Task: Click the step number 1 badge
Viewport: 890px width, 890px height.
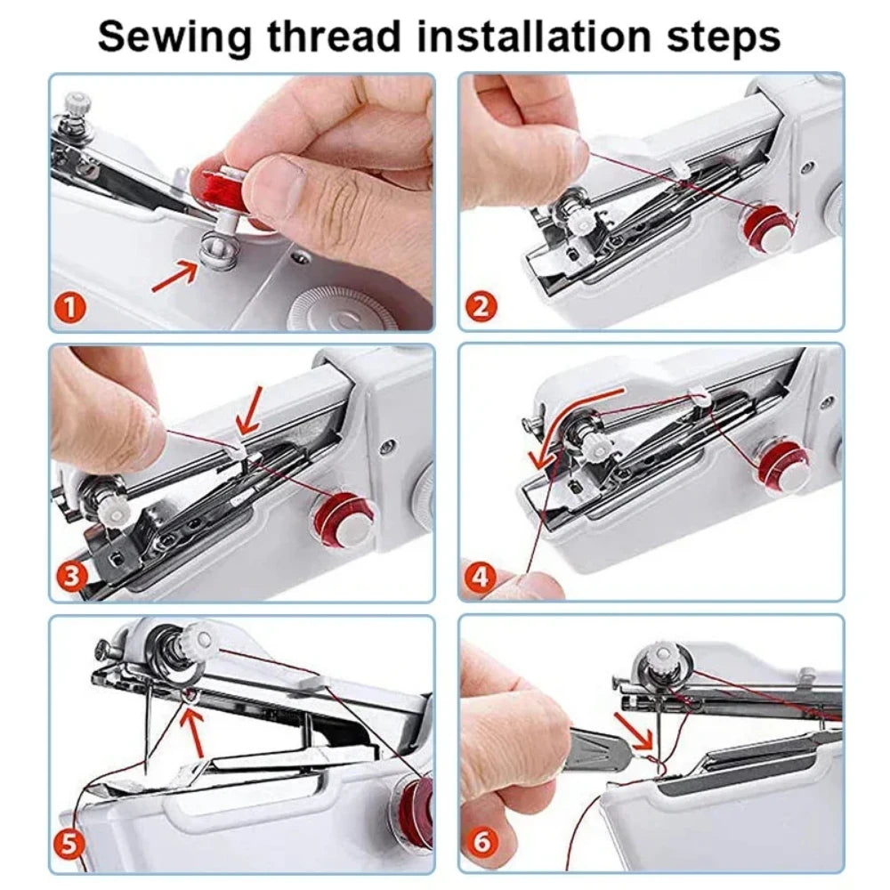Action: (72, 309)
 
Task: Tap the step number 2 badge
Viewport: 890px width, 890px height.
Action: (481, 308)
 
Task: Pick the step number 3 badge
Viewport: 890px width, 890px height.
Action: (72, 577)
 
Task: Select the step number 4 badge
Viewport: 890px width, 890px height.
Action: (481, 577)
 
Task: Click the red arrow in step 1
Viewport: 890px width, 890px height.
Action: (174, 277)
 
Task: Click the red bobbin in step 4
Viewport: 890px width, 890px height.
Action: (781, 465)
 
